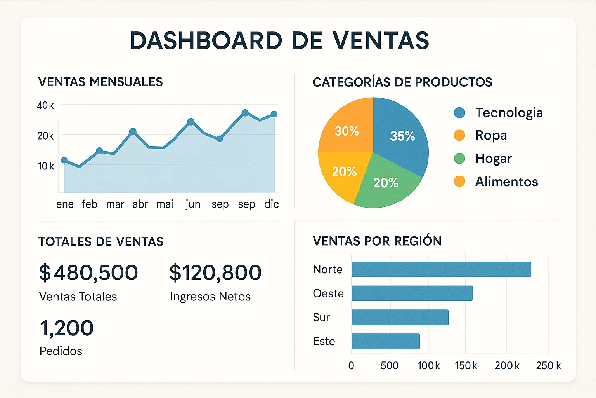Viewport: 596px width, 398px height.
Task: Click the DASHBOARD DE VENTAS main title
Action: [x=279, y=40]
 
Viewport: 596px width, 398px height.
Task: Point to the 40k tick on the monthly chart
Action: [x=45, y=105]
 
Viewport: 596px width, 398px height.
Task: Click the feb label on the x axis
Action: [x=89, y=204]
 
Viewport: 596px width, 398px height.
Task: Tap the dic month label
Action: [x=271, y=204]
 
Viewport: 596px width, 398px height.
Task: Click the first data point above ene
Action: [x=64, y=160]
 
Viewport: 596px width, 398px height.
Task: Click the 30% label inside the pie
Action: [x=347, y=131]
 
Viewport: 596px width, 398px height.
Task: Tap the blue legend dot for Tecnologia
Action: [x=459, y=113]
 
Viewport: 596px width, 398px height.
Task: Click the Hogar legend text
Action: [x=494, y=159]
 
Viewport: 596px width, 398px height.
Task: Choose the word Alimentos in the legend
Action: [x=506, y=182]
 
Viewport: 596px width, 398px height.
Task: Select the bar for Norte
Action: [x=441, y=269]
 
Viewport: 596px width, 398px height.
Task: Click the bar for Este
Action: [x=386, y=341]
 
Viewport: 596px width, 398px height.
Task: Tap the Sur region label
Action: [x=321, y=317]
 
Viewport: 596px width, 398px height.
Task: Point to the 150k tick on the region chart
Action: [x=466, y=365]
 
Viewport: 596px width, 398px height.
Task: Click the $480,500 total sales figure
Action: [x=88, y=272]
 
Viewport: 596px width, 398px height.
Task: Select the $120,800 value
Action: [x=215, y=272]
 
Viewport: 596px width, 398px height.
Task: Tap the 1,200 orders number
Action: [x=67, y=328]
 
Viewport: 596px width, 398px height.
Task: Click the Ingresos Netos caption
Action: [x=210, y=297]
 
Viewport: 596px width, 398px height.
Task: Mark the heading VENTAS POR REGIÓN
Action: [x=377, y=241]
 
